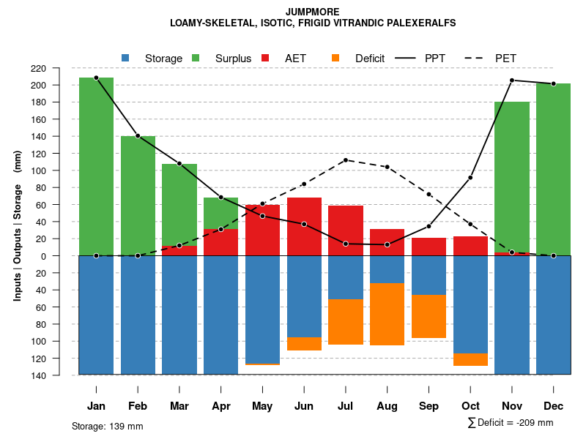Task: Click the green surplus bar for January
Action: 96,167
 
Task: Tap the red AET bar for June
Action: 304,226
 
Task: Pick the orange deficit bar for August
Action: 387,314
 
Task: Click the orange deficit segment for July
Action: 346,322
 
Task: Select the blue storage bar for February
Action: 138,315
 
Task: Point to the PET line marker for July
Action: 346,160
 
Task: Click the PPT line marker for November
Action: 512,80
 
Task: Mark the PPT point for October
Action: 470,178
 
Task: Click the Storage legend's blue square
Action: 125,58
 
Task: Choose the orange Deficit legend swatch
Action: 335,58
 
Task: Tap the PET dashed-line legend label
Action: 505,58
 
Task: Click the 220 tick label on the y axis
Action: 59,68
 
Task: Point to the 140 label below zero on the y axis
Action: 59,375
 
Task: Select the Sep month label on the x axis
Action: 429,406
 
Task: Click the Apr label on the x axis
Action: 221,406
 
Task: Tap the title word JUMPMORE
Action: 313,12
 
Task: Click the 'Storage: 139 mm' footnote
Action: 108,426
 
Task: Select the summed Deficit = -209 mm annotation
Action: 510,422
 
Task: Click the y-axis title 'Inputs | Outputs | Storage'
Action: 18,225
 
